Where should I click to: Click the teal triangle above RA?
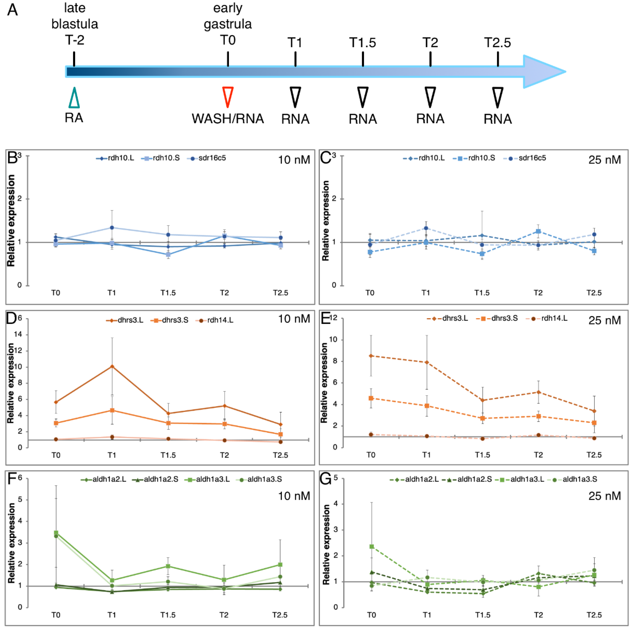(x=74, y=98)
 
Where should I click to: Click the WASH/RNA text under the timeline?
(x=228, y=119)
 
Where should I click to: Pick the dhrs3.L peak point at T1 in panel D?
(x=112, y=366)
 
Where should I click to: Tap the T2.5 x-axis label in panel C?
(x=594, y=293)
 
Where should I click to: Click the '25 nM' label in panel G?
(x=604, y=496)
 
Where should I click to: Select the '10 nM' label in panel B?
(x=294, y=160)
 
